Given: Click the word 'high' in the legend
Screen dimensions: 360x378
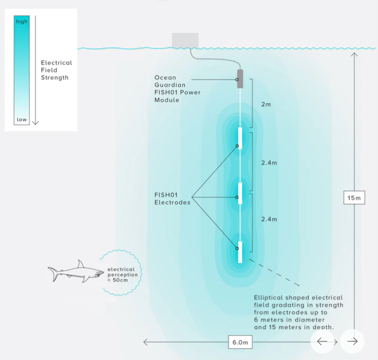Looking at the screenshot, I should tap(22, 22).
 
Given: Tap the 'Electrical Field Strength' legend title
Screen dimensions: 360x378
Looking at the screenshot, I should tap(56, 70).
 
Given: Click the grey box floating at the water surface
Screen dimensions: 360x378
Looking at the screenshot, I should tap(185, 41).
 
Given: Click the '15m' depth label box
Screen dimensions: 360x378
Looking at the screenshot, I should tap(354, 198).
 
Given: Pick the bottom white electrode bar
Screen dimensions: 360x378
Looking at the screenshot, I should tap(240, 252).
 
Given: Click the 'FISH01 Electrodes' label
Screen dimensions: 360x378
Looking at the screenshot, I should tap(172, 198).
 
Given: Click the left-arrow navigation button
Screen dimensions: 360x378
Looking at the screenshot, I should tap(322, 341).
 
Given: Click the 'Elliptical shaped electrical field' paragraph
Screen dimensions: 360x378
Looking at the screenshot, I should tap(298, 312).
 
